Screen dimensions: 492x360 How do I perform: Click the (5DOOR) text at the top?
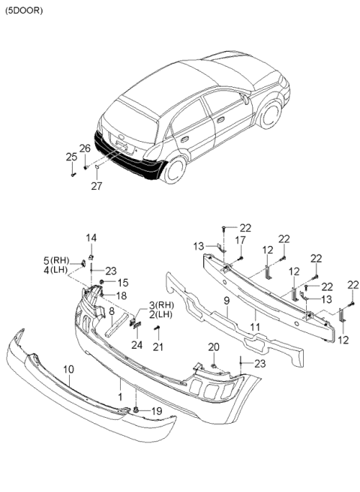point(23,10)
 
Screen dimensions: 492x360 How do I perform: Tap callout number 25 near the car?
point(71,157)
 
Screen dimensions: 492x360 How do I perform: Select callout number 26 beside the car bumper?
point(85,148)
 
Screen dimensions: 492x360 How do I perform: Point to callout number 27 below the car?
point(96,186)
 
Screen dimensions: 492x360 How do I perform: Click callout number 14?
point(91,238)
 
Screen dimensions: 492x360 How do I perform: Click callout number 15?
point(122,283)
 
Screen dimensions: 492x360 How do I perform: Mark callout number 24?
point(136,345)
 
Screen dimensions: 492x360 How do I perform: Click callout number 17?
point(242,239)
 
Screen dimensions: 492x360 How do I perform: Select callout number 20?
point(214,346)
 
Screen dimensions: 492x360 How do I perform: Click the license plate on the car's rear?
point(124,144)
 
